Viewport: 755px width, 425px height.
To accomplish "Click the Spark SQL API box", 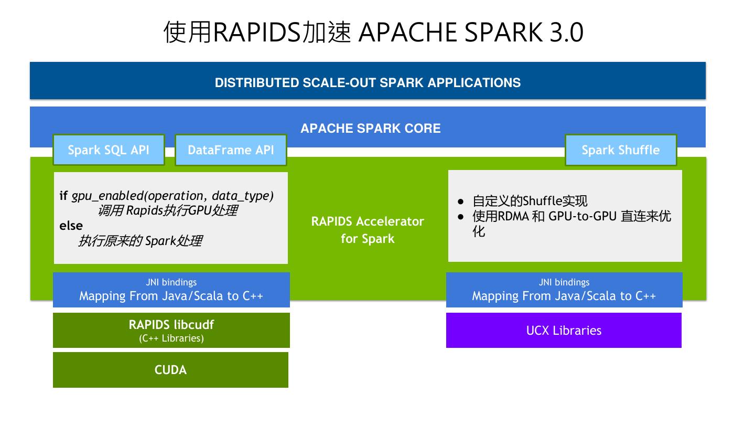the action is (x=109, y=150).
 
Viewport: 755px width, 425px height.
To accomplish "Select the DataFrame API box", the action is (x=231, y=150).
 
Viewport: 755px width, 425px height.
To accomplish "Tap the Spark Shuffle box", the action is (x=621, y=150).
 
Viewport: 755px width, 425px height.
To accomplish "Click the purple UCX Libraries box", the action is (x=564, y=330).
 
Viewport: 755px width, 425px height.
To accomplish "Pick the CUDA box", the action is (x=170, y=370).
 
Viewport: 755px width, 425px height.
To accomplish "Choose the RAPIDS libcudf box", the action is (x=171, y=330).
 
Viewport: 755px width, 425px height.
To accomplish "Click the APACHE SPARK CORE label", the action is (x=370, y=128).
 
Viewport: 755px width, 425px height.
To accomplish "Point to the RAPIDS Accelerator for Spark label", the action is (x=368, y=230).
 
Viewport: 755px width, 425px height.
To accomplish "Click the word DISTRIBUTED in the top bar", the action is (x=256, y=83).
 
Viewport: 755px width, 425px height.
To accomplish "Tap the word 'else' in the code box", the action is (x=71, y=225).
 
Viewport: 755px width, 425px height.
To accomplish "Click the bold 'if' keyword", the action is (x=63, y=195).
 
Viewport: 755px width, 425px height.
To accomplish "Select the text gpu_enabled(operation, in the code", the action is (x=137, y=196).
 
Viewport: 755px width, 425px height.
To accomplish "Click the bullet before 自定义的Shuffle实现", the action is (x=461, y=201).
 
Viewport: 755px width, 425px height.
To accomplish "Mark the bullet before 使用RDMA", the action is (x=461, y=217).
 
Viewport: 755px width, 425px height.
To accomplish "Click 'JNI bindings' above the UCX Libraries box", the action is (x=564, y=282).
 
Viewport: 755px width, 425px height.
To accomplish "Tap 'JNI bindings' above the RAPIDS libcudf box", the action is (x=171, y=282).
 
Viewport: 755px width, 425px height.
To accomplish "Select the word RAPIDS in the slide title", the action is (x=256, y=33).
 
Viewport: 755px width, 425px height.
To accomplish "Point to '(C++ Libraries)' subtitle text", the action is (x=171, y=338).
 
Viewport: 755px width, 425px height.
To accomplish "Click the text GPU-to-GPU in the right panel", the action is (x=583, y=216).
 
